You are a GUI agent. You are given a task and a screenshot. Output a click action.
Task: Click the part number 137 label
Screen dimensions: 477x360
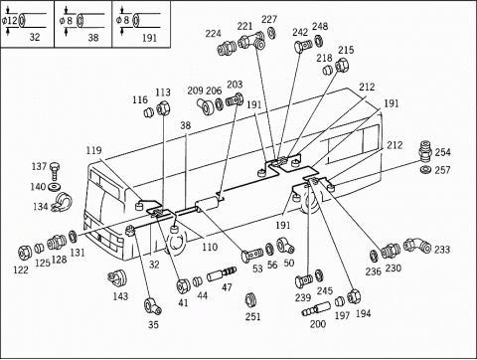click(x=39, y=166)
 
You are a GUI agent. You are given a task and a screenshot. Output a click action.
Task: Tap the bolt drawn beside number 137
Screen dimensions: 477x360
click(x=55, y=171)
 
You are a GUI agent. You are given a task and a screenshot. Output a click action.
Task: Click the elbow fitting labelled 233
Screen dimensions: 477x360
click(x=417, y=246)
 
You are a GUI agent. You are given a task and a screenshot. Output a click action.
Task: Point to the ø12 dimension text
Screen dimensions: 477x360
click(x=10, y=21)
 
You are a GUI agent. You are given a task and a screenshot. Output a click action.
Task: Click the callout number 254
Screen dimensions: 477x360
click(x=442, y=152)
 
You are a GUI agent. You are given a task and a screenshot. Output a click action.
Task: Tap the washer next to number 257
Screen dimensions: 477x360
click(x=424, y=169)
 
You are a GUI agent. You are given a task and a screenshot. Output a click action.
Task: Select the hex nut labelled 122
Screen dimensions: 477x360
click(x=25, y=253)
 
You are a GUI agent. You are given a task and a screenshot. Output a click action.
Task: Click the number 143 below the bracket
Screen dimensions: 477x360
click(x=120, y=296)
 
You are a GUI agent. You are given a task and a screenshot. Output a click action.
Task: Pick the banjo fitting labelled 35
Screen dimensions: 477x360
click(x=152, y=306)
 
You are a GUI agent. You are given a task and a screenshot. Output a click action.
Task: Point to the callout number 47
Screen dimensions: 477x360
click(x=227, y=287)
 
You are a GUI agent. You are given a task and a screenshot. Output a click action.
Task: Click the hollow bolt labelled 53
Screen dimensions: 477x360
click(x=251, y=255)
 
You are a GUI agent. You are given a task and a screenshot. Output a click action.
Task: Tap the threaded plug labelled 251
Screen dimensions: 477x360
click(x=251, y=301)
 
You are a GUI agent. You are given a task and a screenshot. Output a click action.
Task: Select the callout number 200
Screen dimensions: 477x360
click(x=318, y=323)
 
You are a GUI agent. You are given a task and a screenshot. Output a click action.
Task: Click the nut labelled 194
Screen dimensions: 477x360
click(x=354, y=296)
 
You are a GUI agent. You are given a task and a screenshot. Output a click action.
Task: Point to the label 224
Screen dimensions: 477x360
click(x=213, y=34)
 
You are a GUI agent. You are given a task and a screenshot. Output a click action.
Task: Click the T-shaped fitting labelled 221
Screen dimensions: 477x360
click(x=252, y=42)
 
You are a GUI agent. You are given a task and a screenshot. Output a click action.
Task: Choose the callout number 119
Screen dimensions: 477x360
click(x=93, y=150)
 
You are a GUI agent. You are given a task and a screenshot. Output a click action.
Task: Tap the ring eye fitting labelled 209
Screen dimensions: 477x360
click(x=206, y=105)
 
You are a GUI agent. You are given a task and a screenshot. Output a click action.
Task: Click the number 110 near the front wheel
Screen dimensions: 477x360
click(x=210, y=247)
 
